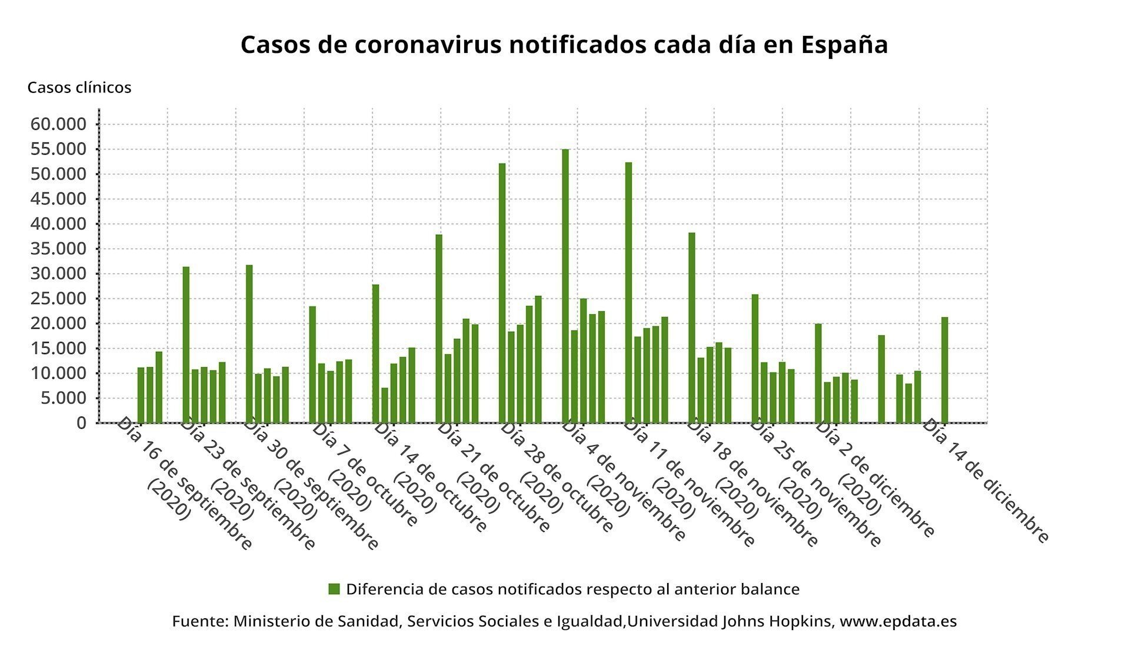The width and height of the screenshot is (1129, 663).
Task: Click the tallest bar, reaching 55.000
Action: pos(565,286)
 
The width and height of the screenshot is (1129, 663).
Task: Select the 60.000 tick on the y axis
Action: pos(57,124)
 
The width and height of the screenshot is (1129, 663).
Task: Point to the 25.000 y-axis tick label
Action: pos(57,299)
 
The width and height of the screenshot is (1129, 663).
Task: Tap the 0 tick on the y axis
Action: pos(81,423)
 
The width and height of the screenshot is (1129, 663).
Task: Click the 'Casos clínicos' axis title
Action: pos(79,88)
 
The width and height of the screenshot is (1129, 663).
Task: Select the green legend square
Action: pos(334,589)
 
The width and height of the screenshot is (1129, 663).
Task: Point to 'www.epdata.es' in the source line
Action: pos(898,621)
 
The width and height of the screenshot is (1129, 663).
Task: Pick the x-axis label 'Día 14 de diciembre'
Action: pos(985,481)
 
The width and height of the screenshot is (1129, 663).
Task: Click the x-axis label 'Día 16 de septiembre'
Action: pos(184,484)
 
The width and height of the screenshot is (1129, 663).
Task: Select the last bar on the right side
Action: pos(944,370)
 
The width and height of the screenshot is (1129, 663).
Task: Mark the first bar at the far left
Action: pos(141,395)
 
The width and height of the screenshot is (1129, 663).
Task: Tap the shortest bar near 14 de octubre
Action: pos(385,405)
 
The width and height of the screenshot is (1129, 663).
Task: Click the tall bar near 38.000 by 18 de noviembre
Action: pos(692,328)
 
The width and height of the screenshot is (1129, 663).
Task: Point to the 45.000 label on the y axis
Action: pos(57,199)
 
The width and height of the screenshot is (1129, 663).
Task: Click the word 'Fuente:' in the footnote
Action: pos(199,621)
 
